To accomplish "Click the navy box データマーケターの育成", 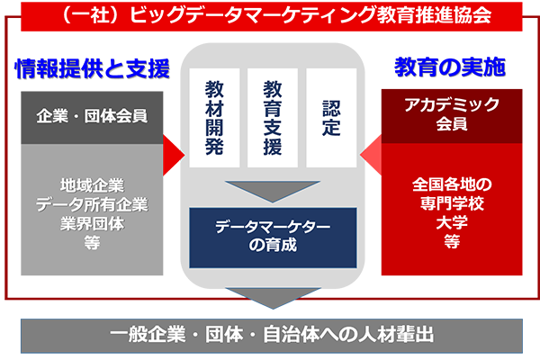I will [272, 236].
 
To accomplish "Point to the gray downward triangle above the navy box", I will [272, 189].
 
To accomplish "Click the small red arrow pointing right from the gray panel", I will [172, 147].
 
